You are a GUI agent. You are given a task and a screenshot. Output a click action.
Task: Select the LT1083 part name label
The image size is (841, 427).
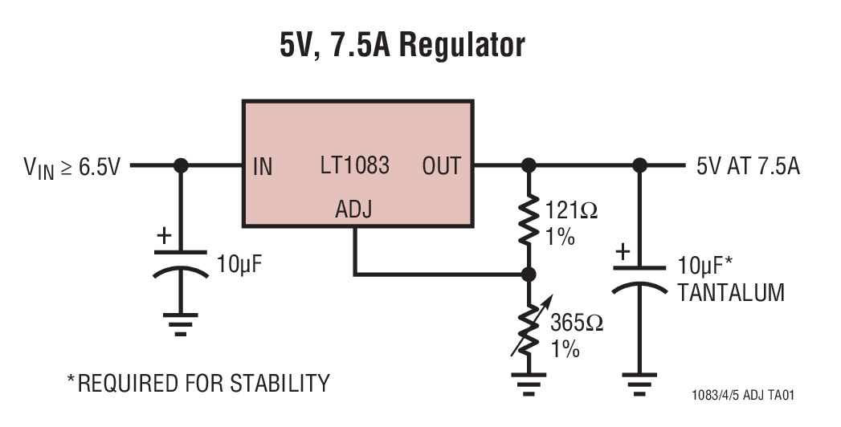click(x=354, y=165)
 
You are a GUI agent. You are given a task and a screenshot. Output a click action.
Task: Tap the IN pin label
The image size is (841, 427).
click(x=263, y=166)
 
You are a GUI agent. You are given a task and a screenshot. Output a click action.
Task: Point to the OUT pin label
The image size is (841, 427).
click(x=441, y=166)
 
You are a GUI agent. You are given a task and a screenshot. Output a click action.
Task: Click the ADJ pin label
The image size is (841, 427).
click(x=353, y=210)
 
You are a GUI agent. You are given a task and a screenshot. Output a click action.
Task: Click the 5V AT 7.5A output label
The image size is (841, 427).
click(x=748, y=166)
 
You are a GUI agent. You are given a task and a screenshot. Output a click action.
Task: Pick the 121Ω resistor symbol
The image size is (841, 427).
click(x=529, y=220)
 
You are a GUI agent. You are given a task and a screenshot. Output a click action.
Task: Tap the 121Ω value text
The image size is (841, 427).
click(x=572, y=211)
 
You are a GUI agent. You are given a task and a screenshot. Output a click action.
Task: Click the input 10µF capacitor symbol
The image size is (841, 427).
click(x=181, y=270)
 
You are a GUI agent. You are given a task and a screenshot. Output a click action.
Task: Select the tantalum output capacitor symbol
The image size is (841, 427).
click(x=639, y=277)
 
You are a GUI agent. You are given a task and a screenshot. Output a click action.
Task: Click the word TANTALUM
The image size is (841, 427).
click(x=730, y=292)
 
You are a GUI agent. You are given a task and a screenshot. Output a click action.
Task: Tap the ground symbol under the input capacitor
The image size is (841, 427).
click(x=181, y=323)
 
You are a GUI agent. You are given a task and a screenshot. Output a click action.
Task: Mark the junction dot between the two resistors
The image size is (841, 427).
click(x=529, y=274)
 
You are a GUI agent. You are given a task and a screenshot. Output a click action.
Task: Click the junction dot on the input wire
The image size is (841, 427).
click(x=181, y=165)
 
